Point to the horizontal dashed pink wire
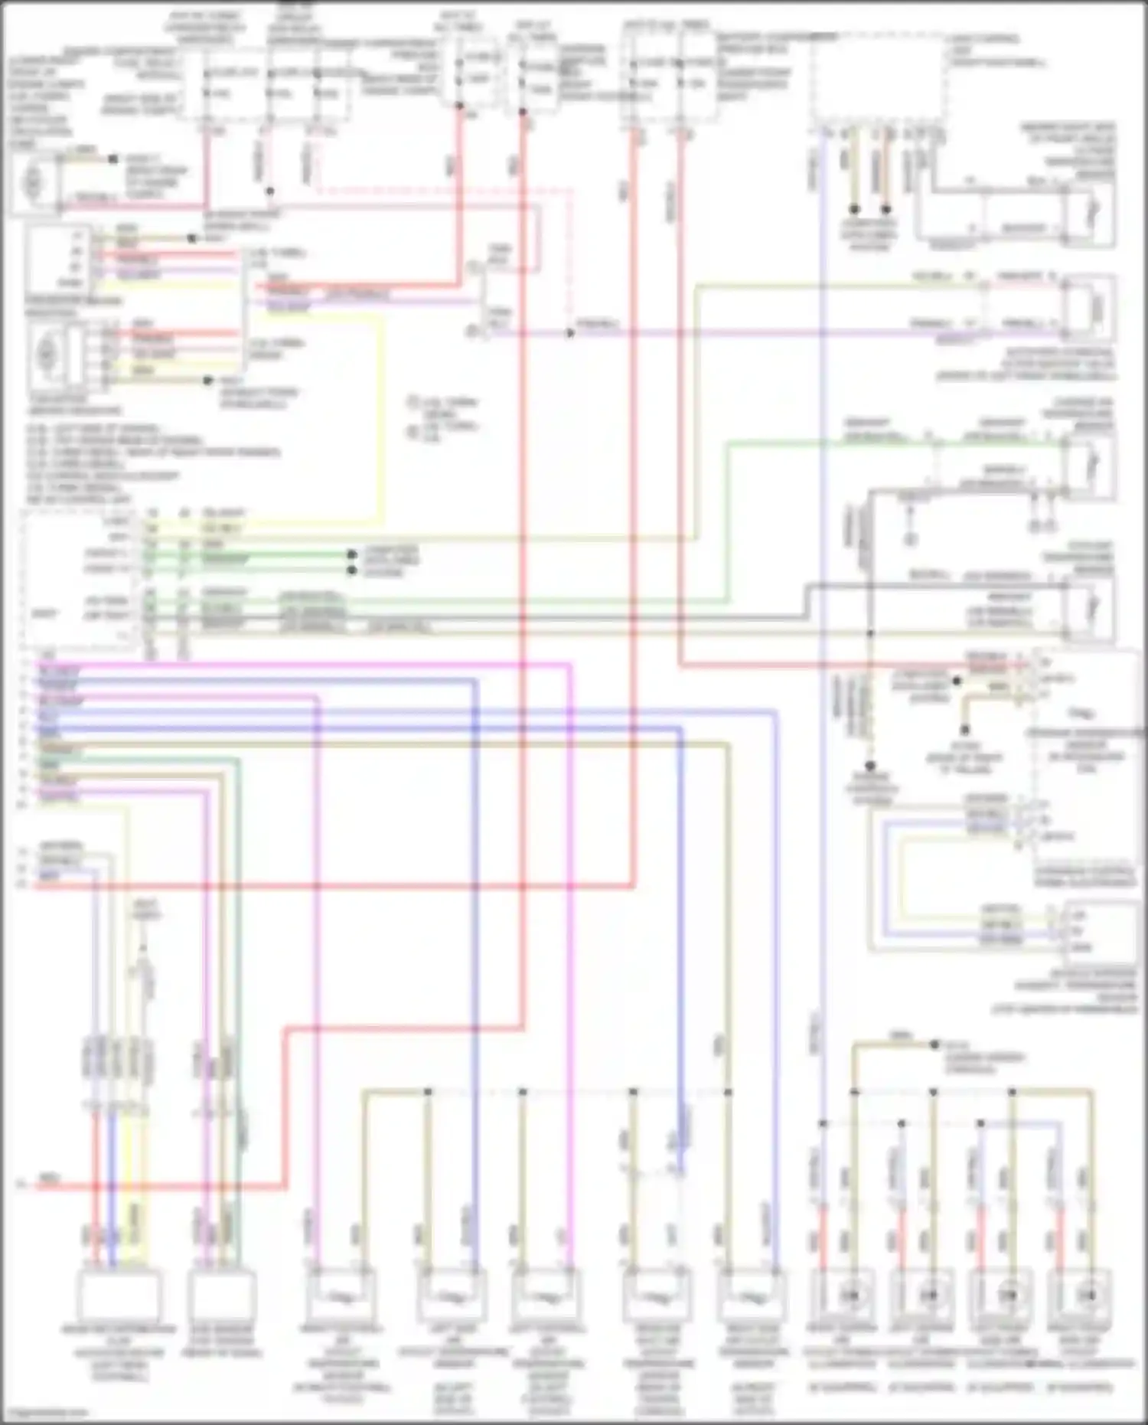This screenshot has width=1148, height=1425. pos(444,189)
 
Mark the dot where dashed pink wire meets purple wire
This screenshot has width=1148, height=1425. pos(569,333)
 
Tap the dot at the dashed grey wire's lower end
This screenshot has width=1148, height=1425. pos(869,765)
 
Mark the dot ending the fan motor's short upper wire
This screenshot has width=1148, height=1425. pos(113,159)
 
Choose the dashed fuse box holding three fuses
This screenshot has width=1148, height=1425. pos(268,84)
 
